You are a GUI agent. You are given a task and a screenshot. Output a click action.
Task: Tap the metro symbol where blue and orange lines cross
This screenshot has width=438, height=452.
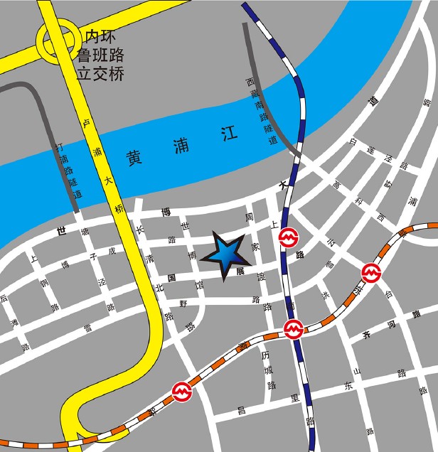tap(293, 329)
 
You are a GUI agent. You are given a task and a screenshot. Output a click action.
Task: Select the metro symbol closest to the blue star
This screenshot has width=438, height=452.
tap(288, 237)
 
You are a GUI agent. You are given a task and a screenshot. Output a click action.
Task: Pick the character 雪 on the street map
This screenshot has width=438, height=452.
tap(87, 328)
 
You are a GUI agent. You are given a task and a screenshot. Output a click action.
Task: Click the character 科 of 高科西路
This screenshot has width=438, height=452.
tap(360, 201)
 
